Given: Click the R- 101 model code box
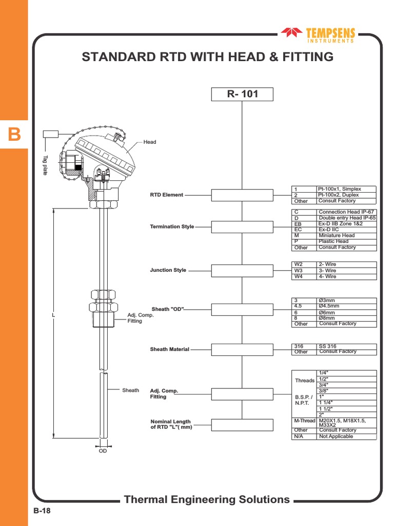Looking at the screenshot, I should click(x=242, y=95).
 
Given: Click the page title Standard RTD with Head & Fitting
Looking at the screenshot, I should click(x=207, y=57).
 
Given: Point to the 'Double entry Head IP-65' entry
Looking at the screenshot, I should click(x=347, y=218).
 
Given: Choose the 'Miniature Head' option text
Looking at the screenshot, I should click(x=337, y=235).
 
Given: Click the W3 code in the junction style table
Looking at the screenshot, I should click(x=298, y=270).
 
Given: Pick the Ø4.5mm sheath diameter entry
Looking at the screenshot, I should click(x=329, y=306).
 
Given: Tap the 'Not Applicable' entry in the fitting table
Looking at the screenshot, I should click(x=336, y=436).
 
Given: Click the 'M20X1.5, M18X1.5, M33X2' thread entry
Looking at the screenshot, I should click(x=342, y=422).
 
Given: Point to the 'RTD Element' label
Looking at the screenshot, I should click(x=166, y=195).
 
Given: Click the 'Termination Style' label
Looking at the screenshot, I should click(x=172, y=227).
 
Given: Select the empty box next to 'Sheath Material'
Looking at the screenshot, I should click(x=242, y=349).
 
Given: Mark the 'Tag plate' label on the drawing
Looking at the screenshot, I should click(x=45, y=165).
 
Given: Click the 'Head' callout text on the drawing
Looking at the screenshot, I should click(x=149, y=142).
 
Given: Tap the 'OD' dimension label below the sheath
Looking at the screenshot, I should click(x=103, y=451).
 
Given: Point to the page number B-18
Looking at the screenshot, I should click(x=42, y=511).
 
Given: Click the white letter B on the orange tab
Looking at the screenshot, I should click(x=14, y=135).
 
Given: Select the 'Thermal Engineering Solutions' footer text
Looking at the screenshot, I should click(x=207, y=499).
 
